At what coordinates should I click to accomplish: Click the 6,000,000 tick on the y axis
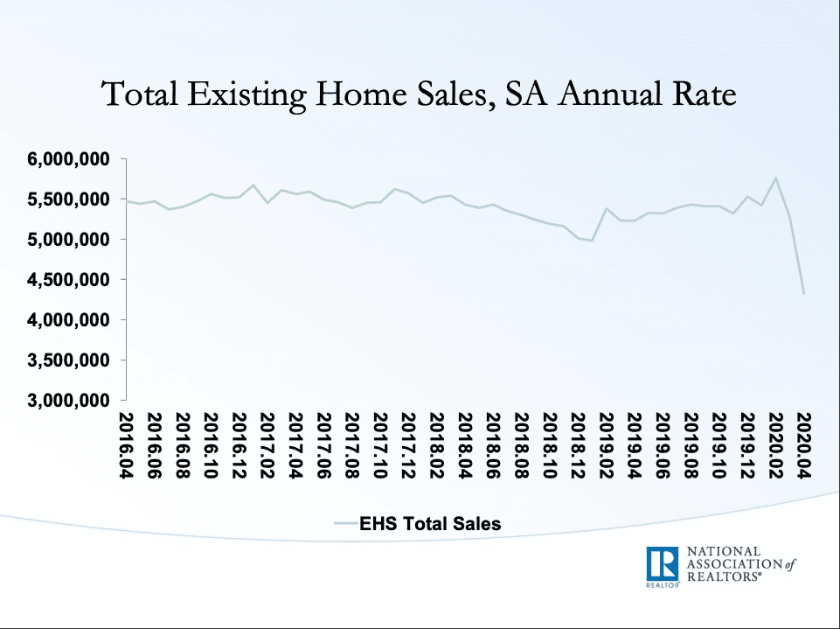pyautogui.click(x=71, y=159)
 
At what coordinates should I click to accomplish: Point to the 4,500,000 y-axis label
pyautogui.click(x=71, y=280)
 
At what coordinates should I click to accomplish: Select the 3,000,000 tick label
pyautogui.click(x=71, y=401)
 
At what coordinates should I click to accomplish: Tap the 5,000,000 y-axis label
pyautogui.click(x=71, y=240)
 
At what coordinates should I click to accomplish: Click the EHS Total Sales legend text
pyautogui.click(x=432, y=524)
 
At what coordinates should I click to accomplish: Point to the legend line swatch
pyautogui.click(x=346, y=524)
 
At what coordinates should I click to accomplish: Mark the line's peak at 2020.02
pyautogui.click(x=775, y=178)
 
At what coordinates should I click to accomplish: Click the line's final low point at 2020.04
pyautogui.click(x=803, y=294)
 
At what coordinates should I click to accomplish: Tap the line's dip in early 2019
pyautogui.click(x=592, y=240)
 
